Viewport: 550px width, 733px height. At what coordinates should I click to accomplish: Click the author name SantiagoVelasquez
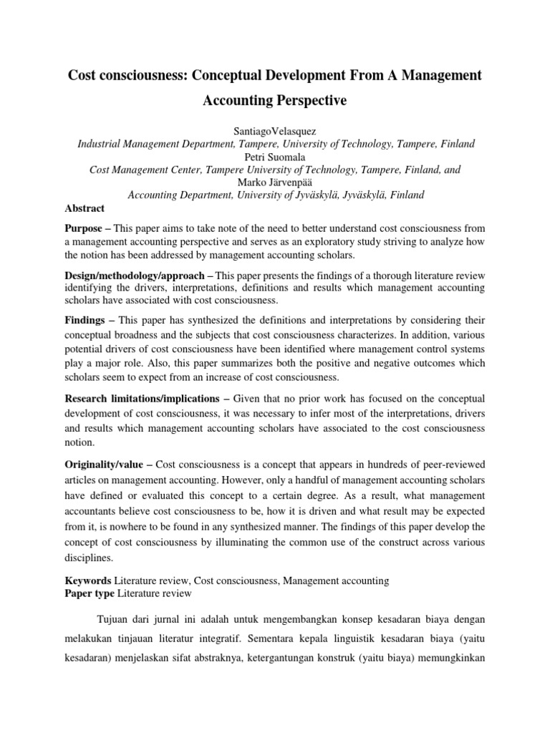tap(276, 131)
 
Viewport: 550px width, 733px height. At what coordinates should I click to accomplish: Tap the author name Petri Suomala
tap(276, 157)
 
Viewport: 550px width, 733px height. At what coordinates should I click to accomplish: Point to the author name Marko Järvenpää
tap(276, 183)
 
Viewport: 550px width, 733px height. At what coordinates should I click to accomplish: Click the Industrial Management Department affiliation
tap(167, 144)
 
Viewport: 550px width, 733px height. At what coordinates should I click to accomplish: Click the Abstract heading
tap(85, 208)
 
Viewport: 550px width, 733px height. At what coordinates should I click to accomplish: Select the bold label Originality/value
tap(105, 465)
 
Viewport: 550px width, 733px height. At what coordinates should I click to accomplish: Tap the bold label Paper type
tap(90, 593)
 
